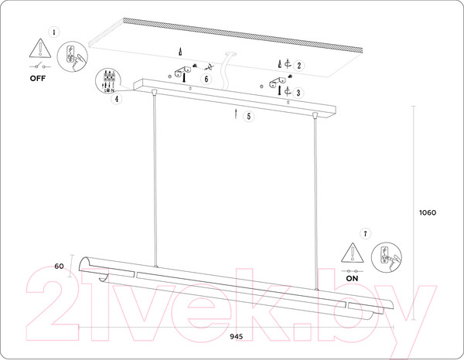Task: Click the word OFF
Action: [x=38, y=78]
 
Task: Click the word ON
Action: [x=352, y=278]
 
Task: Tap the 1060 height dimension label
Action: [x=428, y=212]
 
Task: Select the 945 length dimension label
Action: [x=237, y=337]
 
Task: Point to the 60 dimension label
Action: [x=60, y=266]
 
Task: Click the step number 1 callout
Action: [x=53, y=32]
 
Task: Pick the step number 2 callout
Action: [x=299, y=66]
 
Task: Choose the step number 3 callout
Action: [x=299, y=93]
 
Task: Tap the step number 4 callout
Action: [x=117, y=99]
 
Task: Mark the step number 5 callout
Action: [x=248, y=116]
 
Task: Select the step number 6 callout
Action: [x=206, y=79]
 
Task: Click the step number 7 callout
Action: [x=366, y=233]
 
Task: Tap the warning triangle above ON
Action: [x=352, y=253]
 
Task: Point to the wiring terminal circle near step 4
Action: [x=108, y=80]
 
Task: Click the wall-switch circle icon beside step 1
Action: [x=72, y=56]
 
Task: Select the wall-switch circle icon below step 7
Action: [x=386, y=257]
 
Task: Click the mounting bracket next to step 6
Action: [x=183, y=72]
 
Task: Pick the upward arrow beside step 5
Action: [x=236, y=114]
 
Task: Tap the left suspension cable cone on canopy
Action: [x=154, y=92]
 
